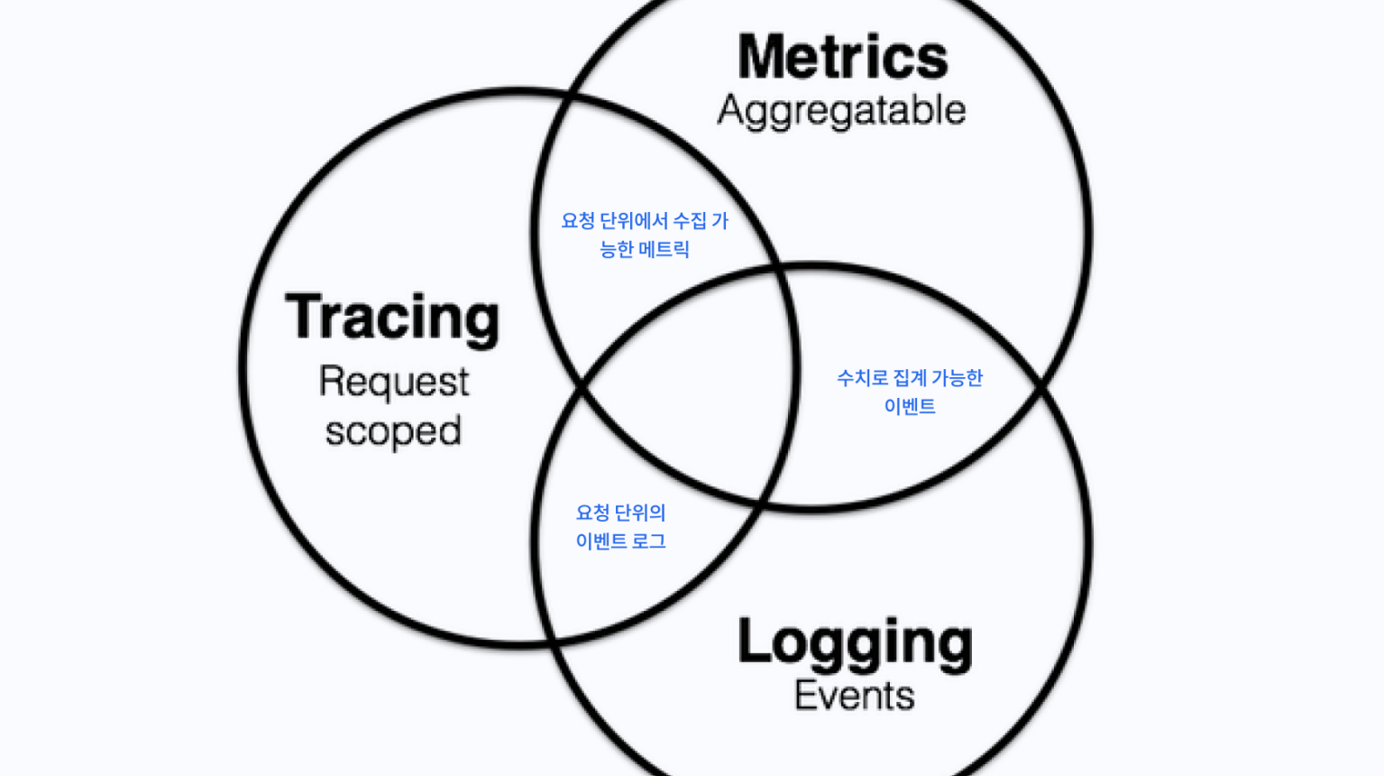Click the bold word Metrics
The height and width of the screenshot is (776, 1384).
tap(843, 57)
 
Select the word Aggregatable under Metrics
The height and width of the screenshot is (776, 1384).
tap(841, 111)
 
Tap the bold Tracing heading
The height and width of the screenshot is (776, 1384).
tap(392, 319)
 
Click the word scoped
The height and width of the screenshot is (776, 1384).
tap(394, 431)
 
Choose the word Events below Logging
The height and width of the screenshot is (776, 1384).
tap(855, 696)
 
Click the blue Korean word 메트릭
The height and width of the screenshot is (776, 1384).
tap(664, 250)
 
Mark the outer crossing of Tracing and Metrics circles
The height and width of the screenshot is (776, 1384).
tap(569, 96)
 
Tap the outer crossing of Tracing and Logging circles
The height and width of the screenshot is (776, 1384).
tap(553, 641)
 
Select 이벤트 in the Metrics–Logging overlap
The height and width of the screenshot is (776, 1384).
tap(910, 406)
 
